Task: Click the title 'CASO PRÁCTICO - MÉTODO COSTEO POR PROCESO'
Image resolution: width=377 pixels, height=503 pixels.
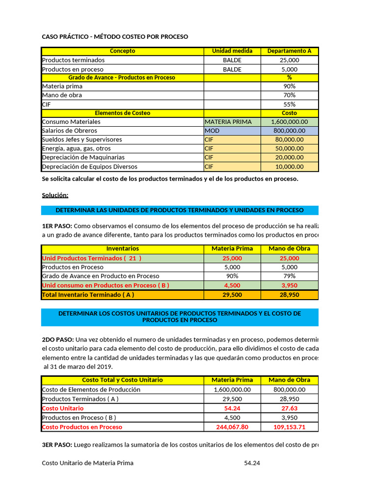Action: coord(115,37)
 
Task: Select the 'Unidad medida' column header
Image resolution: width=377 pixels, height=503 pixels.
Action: coord(232,51)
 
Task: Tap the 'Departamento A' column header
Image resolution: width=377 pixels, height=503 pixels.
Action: coord(289,51)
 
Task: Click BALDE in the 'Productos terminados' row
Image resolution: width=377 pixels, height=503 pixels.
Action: coord(232,60)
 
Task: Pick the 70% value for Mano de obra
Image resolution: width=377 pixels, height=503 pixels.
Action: coord(289,95)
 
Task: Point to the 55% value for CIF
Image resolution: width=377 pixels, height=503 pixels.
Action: coord(289,104)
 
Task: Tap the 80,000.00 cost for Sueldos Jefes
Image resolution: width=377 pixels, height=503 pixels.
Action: coord(289,140)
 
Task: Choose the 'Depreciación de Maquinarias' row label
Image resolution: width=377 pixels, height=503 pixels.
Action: coord(83,157)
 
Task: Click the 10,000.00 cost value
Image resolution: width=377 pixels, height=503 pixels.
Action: coord(289,167)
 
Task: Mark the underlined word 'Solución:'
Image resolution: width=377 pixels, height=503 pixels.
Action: coord(55,195)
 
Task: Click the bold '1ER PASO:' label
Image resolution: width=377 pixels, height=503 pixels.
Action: coord(57,226)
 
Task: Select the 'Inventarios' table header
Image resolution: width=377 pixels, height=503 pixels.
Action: coord(122,249)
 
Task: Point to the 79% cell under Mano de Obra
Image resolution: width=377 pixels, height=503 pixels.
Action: coord(289,276)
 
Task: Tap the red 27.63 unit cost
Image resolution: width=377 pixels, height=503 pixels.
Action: coord(289,408)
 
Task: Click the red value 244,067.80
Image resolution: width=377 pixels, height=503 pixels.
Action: coord(232,427)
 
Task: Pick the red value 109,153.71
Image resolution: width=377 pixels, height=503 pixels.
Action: coord(289,427)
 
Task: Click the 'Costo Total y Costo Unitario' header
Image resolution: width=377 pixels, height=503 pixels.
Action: coord(122,380)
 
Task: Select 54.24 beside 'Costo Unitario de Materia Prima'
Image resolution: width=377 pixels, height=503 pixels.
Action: coord(252,463)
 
